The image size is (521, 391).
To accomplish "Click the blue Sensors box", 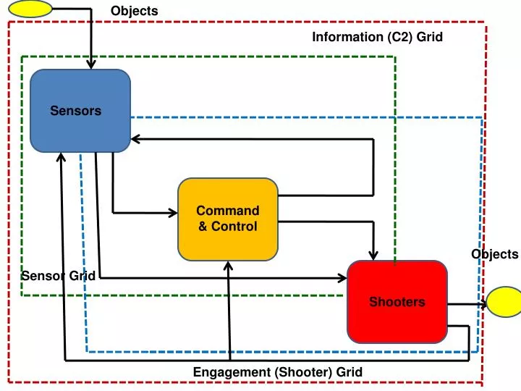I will point(80,111).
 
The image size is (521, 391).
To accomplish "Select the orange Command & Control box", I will point(228,219).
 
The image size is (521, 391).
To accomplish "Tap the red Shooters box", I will point(397,302).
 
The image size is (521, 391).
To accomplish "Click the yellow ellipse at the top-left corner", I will point(30,9).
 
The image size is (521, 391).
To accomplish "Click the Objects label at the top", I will point(134,11).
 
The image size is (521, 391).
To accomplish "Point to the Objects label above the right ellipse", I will point(494,254).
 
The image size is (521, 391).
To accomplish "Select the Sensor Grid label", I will point(58,276).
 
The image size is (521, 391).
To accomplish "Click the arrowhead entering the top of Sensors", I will point(91,64).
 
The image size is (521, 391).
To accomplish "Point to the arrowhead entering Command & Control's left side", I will point(173,213).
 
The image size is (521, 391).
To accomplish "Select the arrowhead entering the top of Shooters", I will point(373,255).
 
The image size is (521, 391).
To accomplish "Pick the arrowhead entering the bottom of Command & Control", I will point(228,266).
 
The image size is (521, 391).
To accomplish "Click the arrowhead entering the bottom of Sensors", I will point(62,157).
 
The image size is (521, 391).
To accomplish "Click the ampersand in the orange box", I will point(203,227).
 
